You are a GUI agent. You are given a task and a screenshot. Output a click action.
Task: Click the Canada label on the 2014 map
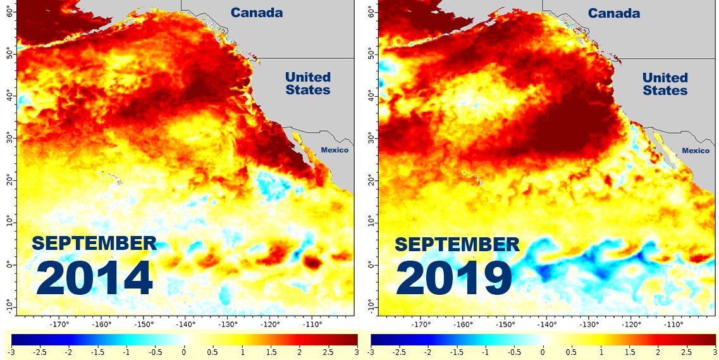pyautogui.click(x=256, y=13)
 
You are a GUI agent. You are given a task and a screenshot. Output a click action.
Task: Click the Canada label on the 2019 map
pyautogui.click(x=613, y=13)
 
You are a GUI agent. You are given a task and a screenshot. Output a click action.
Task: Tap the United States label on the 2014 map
pyautogui.click(x=307, y=84)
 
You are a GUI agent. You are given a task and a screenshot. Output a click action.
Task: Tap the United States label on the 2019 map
pyautogui.click(x=665, y=84)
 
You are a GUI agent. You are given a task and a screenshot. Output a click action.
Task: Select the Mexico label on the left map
pyautogui.click(x=335, y=150)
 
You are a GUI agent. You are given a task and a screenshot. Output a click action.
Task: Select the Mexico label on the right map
pyautogui.click(x=696, y=151)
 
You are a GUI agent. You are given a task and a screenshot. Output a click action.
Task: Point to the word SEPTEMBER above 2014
pyautogui.click(x=94, y=243)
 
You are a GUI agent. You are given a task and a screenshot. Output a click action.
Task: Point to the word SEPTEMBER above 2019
pyautogui.click(x=457, y=244)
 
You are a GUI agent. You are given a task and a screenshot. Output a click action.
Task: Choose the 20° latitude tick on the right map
pyautogui.click(x=371, y=181)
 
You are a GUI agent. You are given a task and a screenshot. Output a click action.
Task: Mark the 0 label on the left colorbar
pyautogui.click(x=184, y=351)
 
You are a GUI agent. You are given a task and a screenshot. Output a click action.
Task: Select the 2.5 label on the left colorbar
pyautogui.click(x=328, y=351)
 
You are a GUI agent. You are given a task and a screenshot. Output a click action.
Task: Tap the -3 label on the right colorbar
pyautogui.click(x=371, y=351)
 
